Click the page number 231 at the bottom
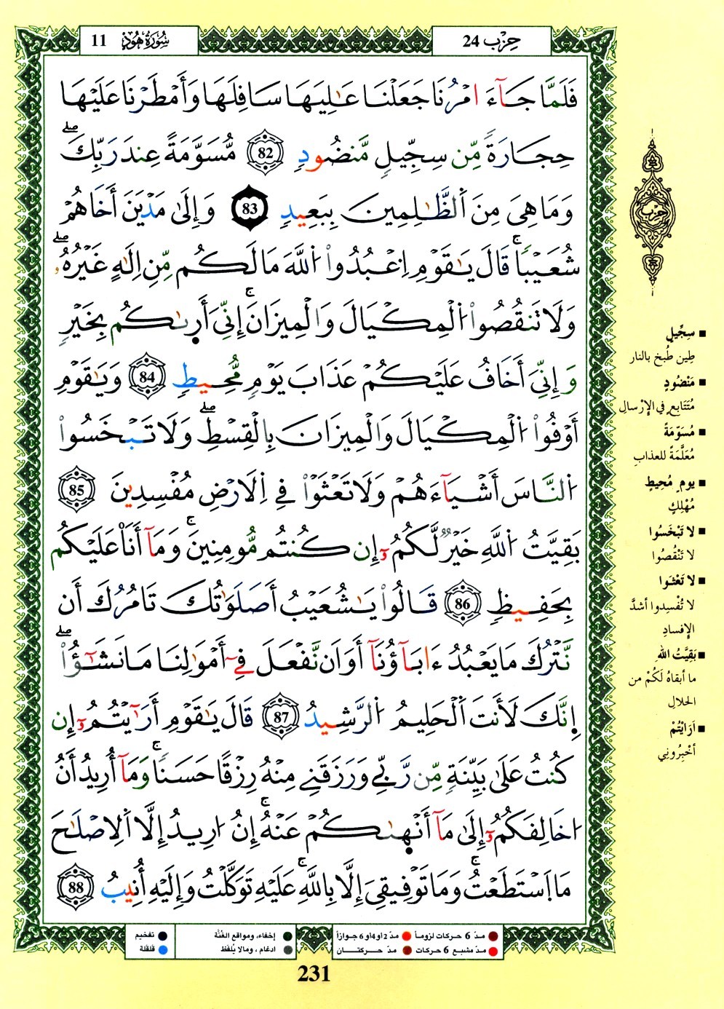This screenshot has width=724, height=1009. coord(314,974)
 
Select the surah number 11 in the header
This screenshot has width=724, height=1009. coord(100,40)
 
